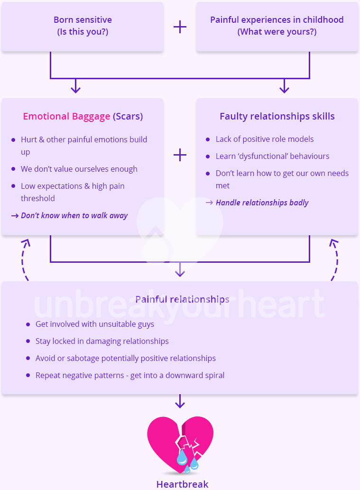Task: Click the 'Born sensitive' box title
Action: click(83, 20)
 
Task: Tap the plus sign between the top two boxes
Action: click(180, 27)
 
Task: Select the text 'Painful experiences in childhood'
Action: click(277, 20)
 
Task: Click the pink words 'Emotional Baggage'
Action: click(66, 116)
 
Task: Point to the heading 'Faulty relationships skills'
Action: click(277, 116)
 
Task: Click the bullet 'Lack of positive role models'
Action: click(265, 139)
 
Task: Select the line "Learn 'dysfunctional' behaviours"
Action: click(272, 156)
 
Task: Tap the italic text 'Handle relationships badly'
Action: click(262, 203)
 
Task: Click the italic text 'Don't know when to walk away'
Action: click(74, 215)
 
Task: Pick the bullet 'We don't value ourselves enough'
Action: click(79, 169)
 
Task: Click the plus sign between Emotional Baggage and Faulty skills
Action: click(180, 155)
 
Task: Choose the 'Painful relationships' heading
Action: click(182, 299)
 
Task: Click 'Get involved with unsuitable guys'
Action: click(95, 324)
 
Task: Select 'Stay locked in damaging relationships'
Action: click(102, 341)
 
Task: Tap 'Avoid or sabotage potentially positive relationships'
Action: click(126, 358)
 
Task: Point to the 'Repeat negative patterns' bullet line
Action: click(130, 375)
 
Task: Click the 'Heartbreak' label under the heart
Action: click(182, 484)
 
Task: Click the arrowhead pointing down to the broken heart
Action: click(180, 404)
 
